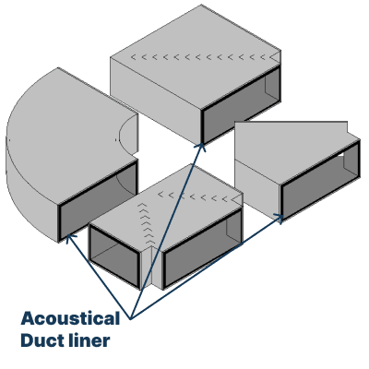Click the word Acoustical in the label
click(70, 319)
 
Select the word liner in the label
click(93, 341)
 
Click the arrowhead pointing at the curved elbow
click(66, 236)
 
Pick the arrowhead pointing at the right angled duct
click(280, 218)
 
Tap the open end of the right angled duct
click(318, 183)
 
